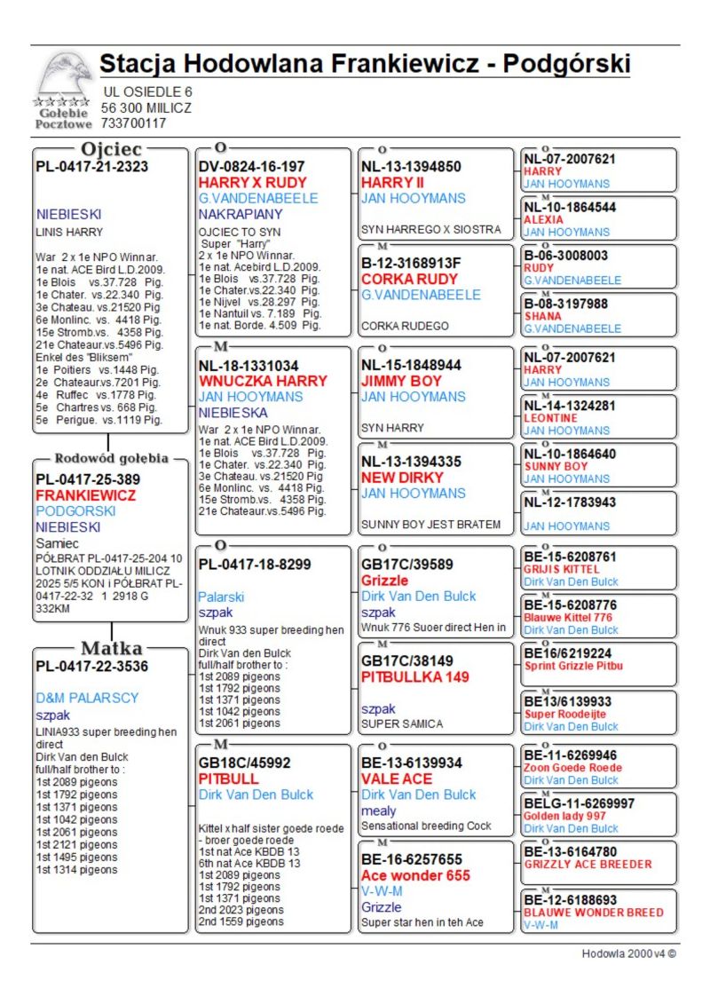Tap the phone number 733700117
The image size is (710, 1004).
pyautogui.click(x=134, y=123)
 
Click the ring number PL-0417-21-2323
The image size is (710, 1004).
pyautogui.click(x=91, y=166)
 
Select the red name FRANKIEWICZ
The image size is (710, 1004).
pyautogui.click(x=86, y=495)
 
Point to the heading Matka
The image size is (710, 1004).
pyautogui.click(x=112, y=648)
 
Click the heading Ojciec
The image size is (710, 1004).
pyautogui.click(x=111, y=149)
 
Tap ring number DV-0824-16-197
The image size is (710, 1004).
pyautogui.click(x=251, y=166)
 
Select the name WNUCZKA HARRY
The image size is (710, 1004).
pyautogui.click(x=263, y=381)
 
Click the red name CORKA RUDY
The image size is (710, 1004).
pyautogui.click(x=409, y=279)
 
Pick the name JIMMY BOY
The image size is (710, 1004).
pyautogui.click(x=401, y=381)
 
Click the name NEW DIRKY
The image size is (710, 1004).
pyautogui.click(x=402, y=478)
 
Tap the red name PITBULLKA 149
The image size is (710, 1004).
pyautogui.click(x=414, y=676)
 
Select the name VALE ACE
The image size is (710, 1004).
pyautogui.click(x=397, y=779)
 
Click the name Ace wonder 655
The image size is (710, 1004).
pyautogui.click(x=415, y=875)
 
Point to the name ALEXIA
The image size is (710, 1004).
pyautogui.click(x=543, y=219)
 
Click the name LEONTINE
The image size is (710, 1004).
pyautogui.click(x=550, y=418)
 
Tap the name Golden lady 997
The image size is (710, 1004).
pyautogui.click(x=565, y=816)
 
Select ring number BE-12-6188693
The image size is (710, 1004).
pyautogui.click(x=570, y=900)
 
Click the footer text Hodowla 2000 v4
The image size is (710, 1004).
pyautogui.click(x=627, y=953)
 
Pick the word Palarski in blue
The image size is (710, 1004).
pyautogui.click(x=221, y=597)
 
